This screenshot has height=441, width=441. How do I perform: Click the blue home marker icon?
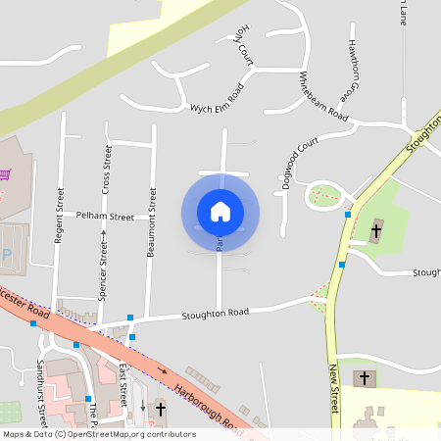click(x=220, y=212)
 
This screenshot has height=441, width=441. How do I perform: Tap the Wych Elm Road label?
click(x=216, y=103)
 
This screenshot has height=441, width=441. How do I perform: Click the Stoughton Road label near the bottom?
click(x=215, y=313)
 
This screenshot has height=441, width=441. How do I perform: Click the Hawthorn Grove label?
click(x=350, y=73)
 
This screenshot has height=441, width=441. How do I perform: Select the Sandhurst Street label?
click(x=41, y=376)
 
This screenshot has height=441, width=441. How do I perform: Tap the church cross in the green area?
click(x=376, y=231)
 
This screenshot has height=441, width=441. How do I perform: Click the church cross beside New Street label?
click(x=365, y=377)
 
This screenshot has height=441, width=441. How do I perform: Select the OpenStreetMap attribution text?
click(x=99, y=433)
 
